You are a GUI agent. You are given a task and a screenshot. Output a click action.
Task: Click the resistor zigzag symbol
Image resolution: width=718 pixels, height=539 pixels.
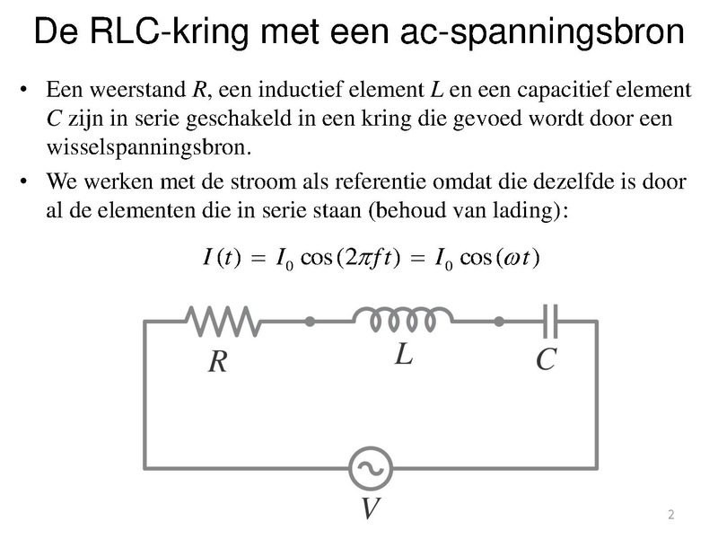(x=223, y=322)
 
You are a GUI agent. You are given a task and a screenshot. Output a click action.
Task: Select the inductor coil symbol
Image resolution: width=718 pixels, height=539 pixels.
(x=403, y=320)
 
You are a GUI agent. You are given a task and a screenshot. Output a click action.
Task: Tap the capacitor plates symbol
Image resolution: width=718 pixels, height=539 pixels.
(x=550, y=322)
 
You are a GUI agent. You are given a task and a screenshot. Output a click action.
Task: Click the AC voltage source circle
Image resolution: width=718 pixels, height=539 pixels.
(x=371, y=468)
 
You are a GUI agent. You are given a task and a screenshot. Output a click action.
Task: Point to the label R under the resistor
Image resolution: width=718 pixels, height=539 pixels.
(x=218, y=362)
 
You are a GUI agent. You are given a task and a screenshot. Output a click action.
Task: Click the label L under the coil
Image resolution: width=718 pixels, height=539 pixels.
(x=404, y=354)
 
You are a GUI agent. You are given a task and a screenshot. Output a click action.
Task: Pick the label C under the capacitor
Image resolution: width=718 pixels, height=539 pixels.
(x=547, y=359)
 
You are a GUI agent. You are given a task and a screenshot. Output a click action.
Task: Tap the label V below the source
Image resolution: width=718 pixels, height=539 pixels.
(x=371, y=508)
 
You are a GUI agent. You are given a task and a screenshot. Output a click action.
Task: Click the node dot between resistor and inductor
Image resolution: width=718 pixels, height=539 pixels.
(x=310, y=322)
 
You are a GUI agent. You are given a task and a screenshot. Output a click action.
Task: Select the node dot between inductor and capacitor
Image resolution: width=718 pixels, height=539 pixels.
(x=499, y=322)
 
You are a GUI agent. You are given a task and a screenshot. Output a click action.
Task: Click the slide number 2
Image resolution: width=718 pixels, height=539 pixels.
(x=670, y=514)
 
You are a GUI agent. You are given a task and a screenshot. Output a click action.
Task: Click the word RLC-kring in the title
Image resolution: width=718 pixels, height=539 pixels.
(x=169, y=31)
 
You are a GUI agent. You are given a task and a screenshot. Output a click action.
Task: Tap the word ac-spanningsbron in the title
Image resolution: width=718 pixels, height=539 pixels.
(x=542, y=31)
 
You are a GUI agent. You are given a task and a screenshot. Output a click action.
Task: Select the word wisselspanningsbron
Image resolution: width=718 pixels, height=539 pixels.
(x=149, y=147)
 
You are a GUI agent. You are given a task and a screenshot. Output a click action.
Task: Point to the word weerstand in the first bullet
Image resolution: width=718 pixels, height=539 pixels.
(x=138, y=89)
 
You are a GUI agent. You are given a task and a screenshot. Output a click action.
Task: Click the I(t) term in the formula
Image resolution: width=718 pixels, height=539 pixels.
(x=222, y=257)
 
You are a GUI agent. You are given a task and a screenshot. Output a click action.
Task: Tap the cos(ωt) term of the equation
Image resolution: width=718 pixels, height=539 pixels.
(x=500, y=257)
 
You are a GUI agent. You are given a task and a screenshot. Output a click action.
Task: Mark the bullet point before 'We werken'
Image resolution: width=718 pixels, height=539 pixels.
(x=23, y=181)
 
